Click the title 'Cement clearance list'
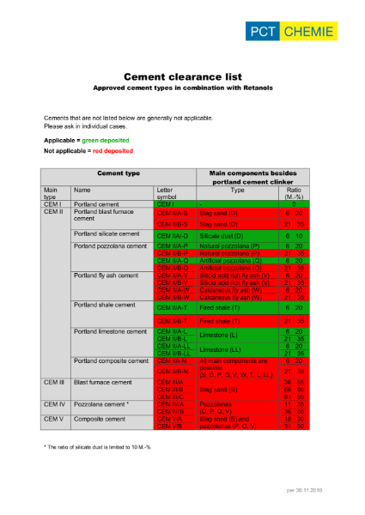pos(182,76)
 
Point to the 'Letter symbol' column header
pos(167,193)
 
